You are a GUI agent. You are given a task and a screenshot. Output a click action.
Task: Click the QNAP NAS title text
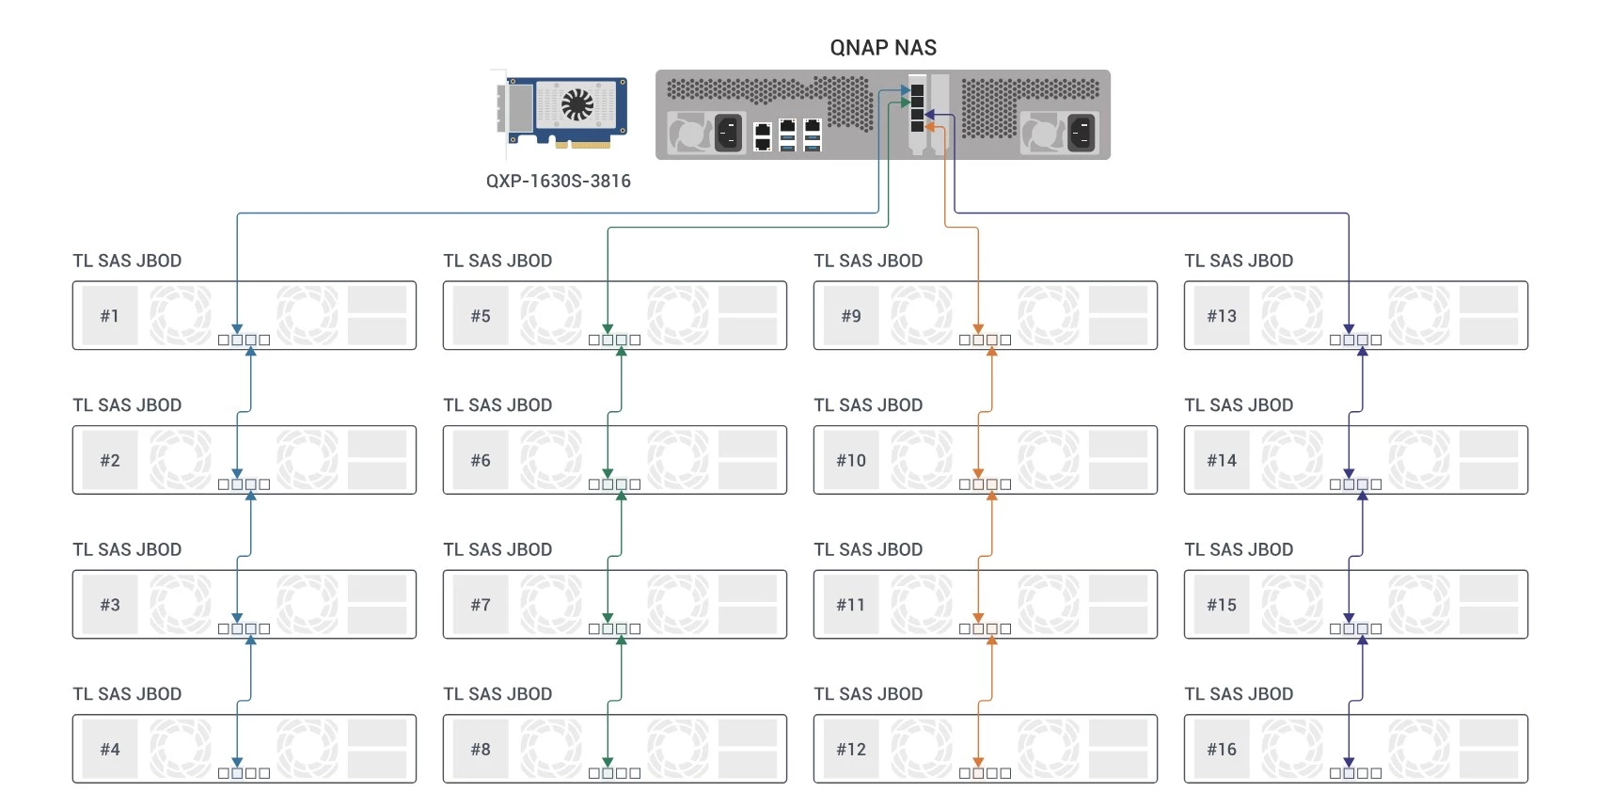[x=883, y=48]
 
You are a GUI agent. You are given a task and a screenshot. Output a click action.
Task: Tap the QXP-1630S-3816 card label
[x=558, y=181]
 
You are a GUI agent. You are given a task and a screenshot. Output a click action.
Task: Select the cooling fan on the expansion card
[x=577, y=105]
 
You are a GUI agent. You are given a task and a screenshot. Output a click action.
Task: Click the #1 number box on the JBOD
[x=110, y=316]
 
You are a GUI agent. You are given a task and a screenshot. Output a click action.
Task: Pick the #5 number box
[x=481, y=316]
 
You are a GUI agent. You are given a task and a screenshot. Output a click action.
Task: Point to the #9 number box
[x=851, y=316]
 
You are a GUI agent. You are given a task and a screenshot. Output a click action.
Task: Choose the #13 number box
[x=1222, y=316]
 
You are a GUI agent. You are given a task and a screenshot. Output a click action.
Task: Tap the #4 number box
[x=110, y=750]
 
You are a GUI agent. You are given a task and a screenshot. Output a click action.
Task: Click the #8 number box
[x=481, y=750]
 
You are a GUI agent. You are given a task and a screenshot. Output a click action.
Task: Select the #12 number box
[x=851, y=750]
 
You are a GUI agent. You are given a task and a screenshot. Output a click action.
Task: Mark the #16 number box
[x=1222, y=750]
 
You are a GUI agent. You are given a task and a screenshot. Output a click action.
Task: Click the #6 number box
[x=481, y=461]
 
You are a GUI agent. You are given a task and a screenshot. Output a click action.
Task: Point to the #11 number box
[x=851, y=605]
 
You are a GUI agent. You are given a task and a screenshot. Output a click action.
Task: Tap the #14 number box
[x=1222, y=461]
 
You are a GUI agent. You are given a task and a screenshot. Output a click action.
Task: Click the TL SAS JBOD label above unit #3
[x=127, y=549]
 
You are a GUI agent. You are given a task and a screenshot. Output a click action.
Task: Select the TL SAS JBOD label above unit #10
[x=868, y=405]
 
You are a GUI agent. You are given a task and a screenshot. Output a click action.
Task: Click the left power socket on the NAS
[x=729, y=133]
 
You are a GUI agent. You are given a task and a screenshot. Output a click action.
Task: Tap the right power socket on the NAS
[x=1082, y=133]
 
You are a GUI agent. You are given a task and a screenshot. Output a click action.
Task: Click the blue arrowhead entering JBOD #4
[x=237, y=763]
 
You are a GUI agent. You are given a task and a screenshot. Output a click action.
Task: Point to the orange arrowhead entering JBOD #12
[x=978, y=763]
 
